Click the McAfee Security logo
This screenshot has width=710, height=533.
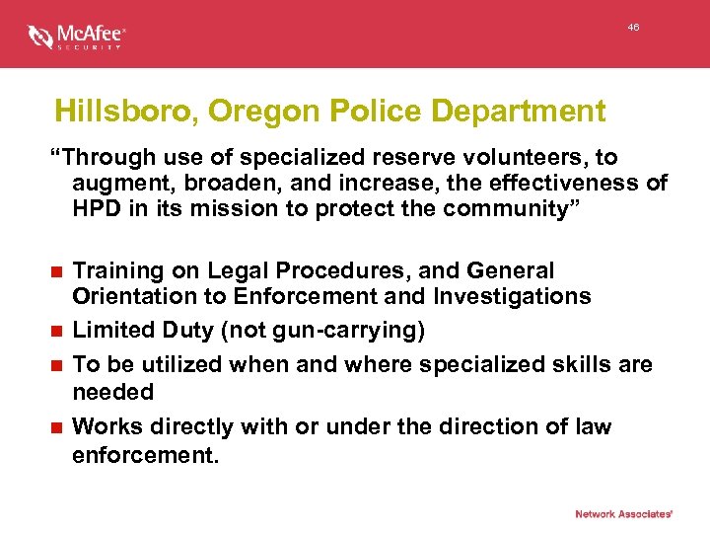pos(77,37)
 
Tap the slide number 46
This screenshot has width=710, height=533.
pos(633,28)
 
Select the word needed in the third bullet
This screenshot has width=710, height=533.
pos(113,392)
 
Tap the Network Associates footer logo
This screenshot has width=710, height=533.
pos(623,513)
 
